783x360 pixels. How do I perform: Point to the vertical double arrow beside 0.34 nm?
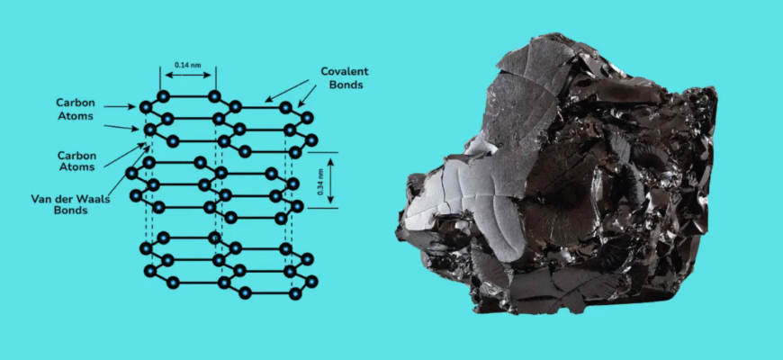coord(330,180)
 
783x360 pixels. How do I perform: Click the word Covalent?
coord(344,71)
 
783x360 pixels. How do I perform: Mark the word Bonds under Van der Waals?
coord(69,211)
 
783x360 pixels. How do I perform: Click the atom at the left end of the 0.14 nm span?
coord(163,96)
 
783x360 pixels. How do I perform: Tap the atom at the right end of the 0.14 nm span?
coord(214,96)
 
